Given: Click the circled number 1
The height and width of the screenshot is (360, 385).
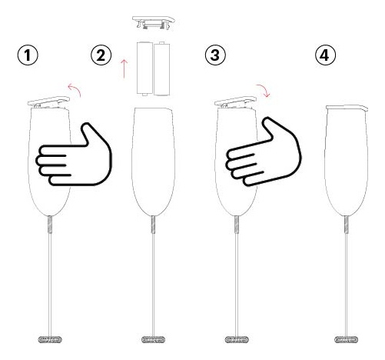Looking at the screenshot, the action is click(28, 55).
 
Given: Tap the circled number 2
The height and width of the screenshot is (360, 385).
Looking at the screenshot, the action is click(101, 55).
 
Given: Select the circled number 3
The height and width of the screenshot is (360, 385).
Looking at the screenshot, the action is click(215, 55).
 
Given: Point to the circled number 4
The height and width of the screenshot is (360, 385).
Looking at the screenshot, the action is click(325, 55).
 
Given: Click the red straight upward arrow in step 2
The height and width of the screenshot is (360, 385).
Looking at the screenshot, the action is click(124, 68).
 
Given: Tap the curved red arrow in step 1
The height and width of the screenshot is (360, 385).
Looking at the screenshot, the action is click(76, 88).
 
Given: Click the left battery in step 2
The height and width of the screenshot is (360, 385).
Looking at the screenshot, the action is click(144, 68).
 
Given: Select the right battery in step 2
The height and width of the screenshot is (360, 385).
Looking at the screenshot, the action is click(161, 68).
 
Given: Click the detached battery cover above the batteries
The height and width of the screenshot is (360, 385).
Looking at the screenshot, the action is click(154, 22).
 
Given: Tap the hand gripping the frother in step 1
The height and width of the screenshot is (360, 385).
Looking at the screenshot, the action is click(74, 155).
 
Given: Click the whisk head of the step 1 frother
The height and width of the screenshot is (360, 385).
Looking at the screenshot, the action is click(50, 340).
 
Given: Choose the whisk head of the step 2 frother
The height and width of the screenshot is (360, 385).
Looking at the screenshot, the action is click(153, 340).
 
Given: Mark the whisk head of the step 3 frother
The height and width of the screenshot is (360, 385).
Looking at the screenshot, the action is click(237, 340).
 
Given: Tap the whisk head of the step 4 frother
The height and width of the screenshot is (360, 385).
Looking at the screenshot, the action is click(347, 340).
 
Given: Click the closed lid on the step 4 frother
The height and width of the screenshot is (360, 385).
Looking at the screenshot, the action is click(347, 108).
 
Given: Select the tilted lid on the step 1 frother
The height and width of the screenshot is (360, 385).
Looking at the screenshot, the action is click(48, 102).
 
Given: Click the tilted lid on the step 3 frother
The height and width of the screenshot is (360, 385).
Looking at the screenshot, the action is click(235, 102).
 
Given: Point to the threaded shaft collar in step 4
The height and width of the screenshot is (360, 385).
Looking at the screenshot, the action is click(347, 225).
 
